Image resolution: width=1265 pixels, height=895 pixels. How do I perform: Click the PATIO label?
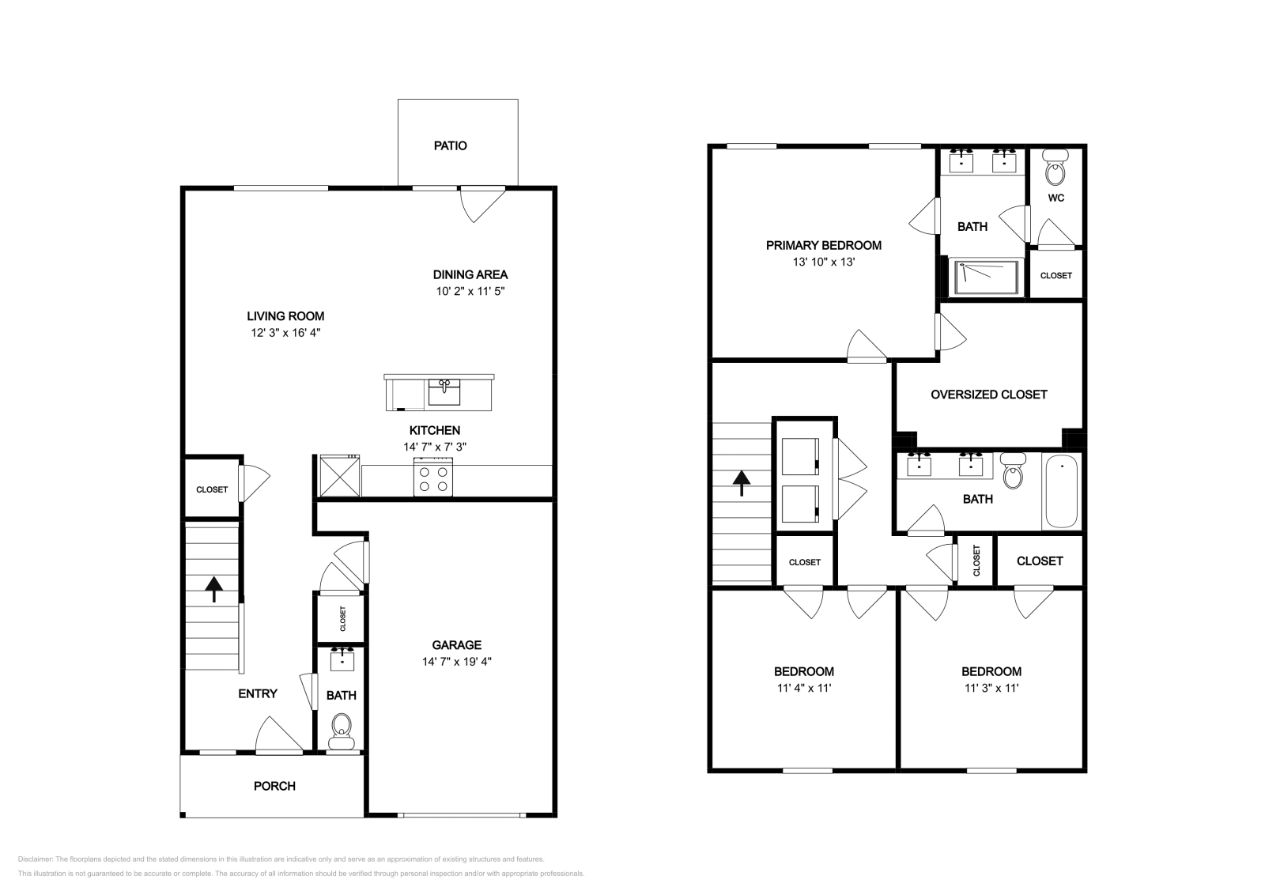click(x=450, y=145)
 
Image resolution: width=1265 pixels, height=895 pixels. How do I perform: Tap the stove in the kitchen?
click(x=433, y=477)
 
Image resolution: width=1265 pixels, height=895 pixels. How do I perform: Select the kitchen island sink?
click(x=444, y=391)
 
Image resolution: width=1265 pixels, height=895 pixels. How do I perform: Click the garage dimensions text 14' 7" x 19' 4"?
click(x=457, y=661)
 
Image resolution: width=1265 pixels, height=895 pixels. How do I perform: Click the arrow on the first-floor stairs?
click(x=213, y=589)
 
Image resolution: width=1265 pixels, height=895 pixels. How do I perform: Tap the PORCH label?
click(x=274, y=786)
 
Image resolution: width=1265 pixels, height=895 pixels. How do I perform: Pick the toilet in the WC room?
click(x=1055, y=167)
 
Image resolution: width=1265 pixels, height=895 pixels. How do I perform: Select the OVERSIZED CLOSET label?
click(x=989, y=395)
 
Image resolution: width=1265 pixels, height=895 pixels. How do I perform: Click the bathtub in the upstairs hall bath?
click(x=1062, y=491)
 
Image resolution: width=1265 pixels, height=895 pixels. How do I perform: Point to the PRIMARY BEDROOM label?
click(x=823, y=246)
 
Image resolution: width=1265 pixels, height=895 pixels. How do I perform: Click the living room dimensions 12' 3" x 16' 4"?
click(x=285, y=333)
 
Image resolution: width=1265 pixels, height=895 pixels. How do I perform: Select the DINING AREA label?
click(x=470, y=275)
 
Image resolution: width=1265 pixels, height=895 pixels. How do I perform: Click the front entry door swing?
click(x=280, y=735)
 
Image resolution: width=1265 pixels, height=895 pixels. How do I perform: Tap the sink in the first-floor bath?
click(x=342, y=659)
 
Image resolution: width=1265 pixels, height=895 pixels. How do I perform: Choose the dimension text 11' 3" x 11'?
click(x=991, y=688)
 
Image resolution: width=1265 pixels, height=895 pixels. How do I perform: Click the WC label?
click(x=1056, y=198)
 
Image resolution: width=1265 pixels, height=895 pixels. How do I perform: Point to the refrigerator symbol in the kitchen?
click(x=339, y=476)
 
